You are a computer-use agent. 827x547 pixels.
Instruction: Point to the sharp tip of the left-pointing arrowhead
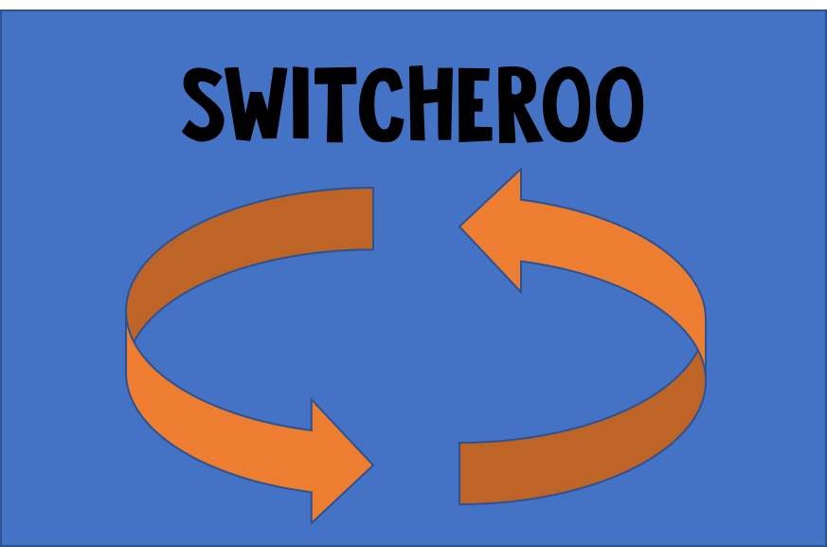461,228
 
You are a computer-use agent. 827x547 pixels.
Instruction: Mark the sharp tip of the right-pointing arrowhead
371,465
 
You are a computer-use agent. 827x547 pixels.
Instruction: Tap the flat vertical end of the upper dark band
371,219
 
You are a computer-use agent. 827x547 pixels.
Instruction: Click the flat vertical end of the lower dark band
460,473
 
